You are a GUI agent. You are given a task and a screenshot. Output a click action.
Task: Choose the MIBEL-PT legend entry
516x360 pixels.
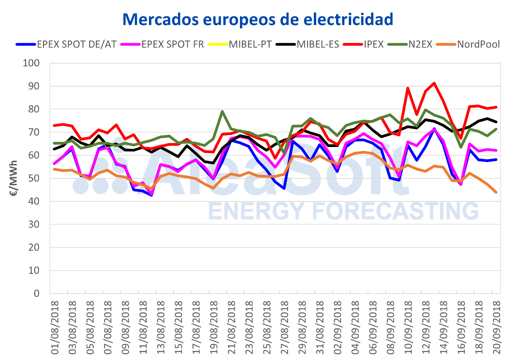pos(244,44)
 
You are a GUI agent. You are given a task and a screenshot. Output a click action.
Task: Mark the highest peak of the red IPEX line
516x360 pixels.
pos(434,83)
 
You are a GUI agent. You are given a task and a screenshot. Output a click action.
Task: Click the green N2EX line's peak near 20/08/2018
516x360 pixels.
pos(222,112)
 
